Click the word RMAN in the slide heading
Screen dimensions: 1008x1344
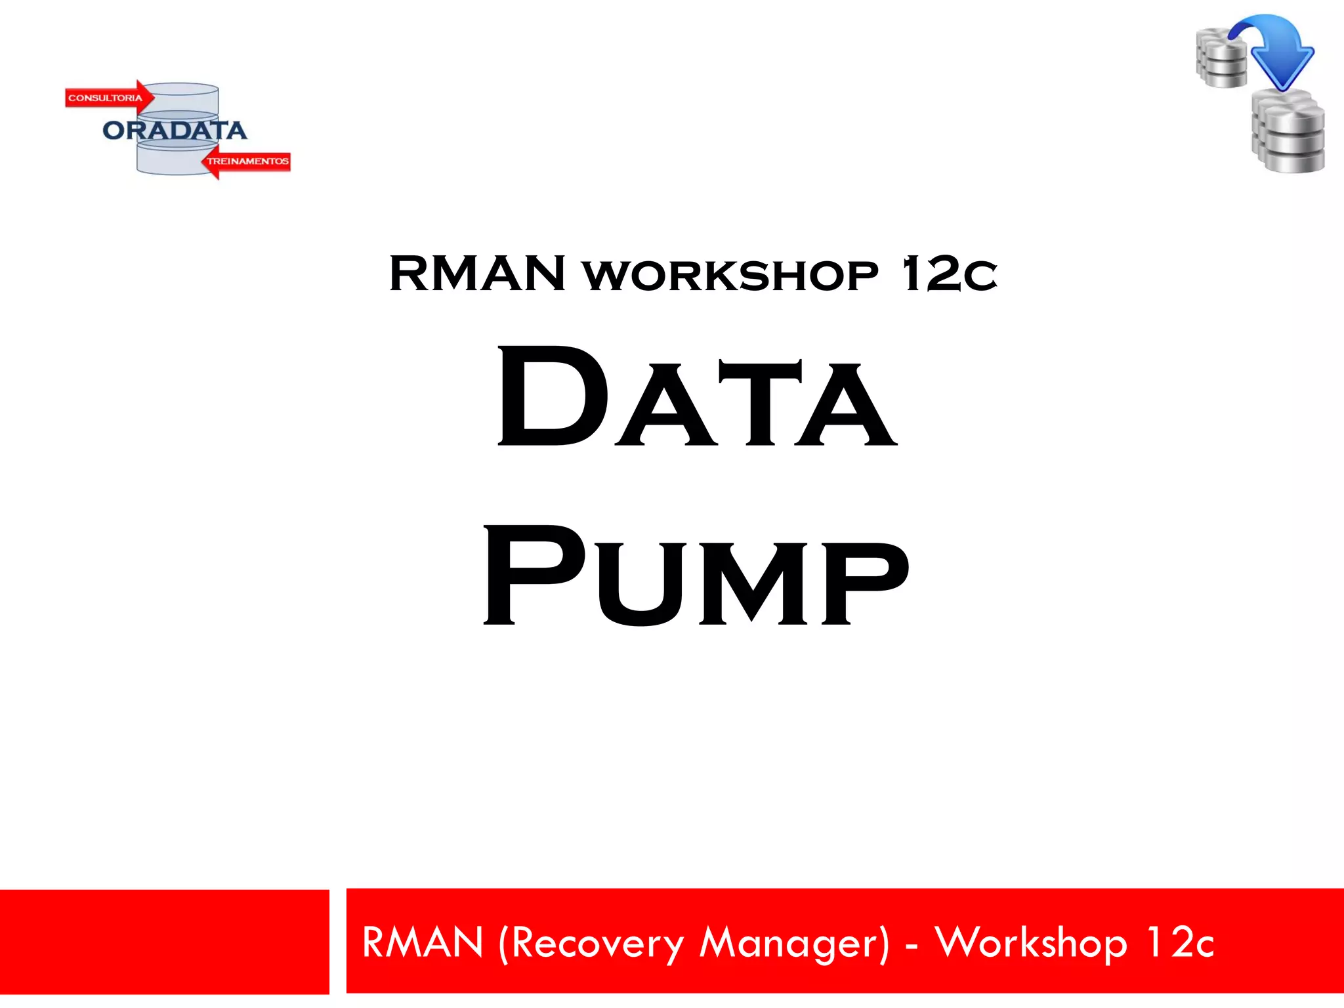pos(477,274)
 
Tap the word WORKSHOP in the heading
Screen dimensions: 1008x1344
pos(730,276)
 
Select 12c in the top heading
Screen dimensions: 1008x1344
pos(950,274)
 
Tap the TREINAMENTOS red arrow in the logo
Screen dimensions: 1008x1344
pos(246,161)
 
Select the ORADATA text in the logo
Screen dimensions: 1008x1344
pos(175,131)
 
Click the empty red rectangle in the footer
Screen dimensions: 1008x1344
pos(164,941)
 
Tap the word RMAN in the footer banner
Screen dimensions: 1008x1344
pos(423,943)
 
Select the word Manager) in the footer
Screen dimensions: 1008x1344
pos(794,944)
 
